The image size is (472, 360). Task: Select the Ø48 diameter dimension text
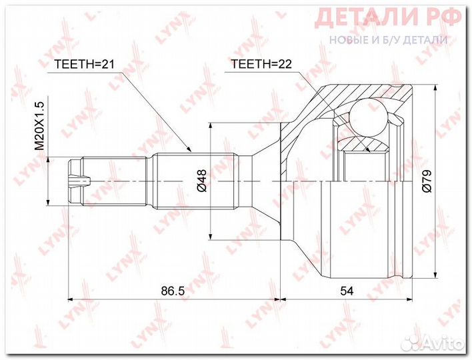tap(202, 181)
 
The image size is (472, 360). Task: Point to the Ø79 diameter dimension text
tap(427, 181)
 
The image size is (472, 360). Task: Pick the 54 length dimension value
tap(346, 291)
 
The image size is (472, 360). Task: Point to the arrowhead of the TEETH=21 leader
tap(191, 151)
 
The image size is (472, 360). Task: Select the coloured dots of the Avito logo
tap(417, 342)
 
